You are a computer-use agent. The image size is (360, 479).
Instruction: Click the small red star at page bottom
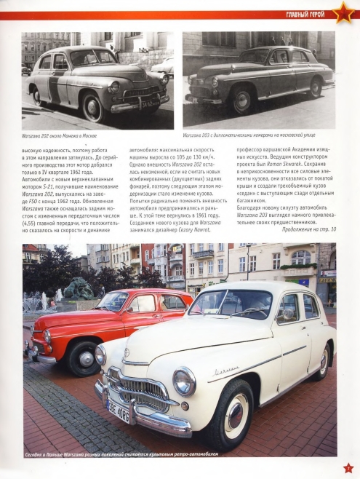(x=348, y=468)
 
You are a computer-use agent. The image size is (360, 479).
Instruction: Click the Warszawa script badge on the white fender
(x=226, y=371)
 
